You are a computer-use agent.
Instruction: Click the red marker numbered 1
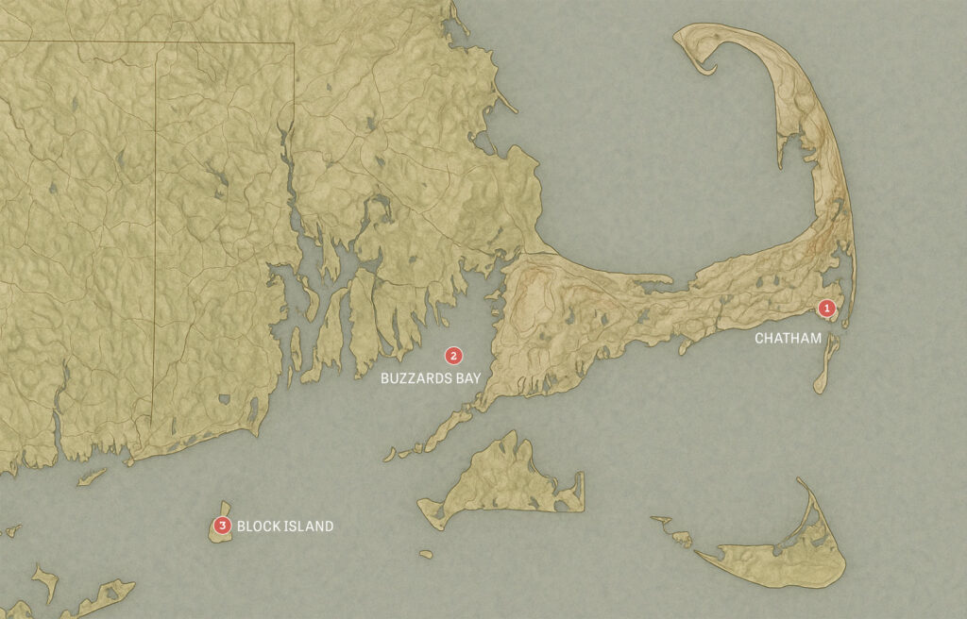coord(826,308)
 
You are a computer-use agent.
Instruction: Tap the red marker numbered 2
coord(454,356)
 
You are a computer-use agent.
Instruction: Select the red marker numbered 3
coord(222,526)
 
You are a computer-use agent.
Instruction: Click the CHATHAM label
coord(788,338)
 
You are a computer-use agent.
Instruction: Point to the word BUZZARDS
coord(412,377)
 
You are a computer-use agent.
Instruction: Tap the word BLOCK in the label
coord(257,527)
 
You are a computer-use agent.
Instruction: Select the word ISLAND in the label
coord(308,527)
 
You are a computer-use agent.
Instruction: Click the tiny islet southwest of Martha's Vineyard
coord(426,554)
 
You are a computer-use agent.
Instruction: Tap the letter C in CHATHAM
coord(758,338)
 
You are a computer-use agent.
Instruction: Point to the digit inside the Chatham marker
coord(826,308)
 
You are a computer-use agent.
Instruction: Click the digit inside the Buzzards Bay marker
coord(454,356)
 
